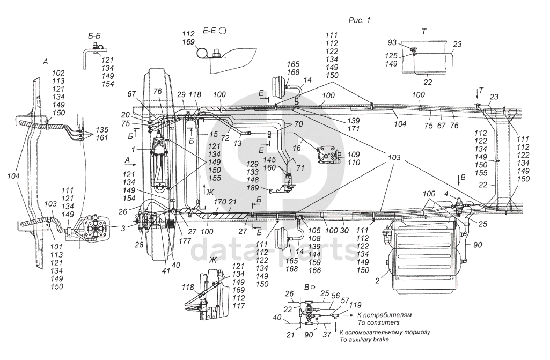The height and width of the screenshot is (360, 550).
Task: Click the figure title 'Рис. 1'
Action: (359, 20)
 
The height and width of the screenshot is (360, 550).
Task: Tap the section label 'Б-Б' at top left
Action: (94, 36)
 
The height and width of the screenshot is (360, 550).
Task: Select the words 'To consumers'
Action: (378, 322)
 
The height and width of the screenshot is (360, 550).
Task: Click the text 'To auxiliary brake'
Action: (364, 339)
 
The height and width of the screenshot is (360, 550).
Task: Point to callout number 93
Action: (392, 42)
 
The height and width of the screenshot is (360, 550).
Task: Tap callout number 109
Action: (354, 155)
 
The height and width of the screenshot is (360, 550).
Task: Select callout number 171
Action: (353, 129)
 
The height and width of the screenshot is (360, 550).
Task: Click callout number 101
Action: (56, 246)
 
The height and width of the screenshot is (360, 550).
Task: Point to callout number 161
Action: (102, 137)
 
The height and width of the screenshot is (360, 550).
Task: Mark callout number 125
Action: (391, 56)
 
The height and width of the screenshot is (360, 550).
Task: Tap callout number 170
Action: (220, 201)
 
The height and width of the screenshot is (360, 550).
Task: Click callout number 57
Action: (346, 300)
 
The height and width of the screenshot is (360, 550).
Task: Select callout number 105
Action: (314, 230)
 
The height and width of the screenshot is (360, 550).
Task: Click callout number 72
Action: (225, 138)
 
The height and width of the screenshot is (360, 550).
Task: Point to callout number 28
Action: (140, 245)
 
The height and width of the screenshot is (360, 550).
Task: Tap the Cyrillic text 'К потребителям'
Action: (384, 315)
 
